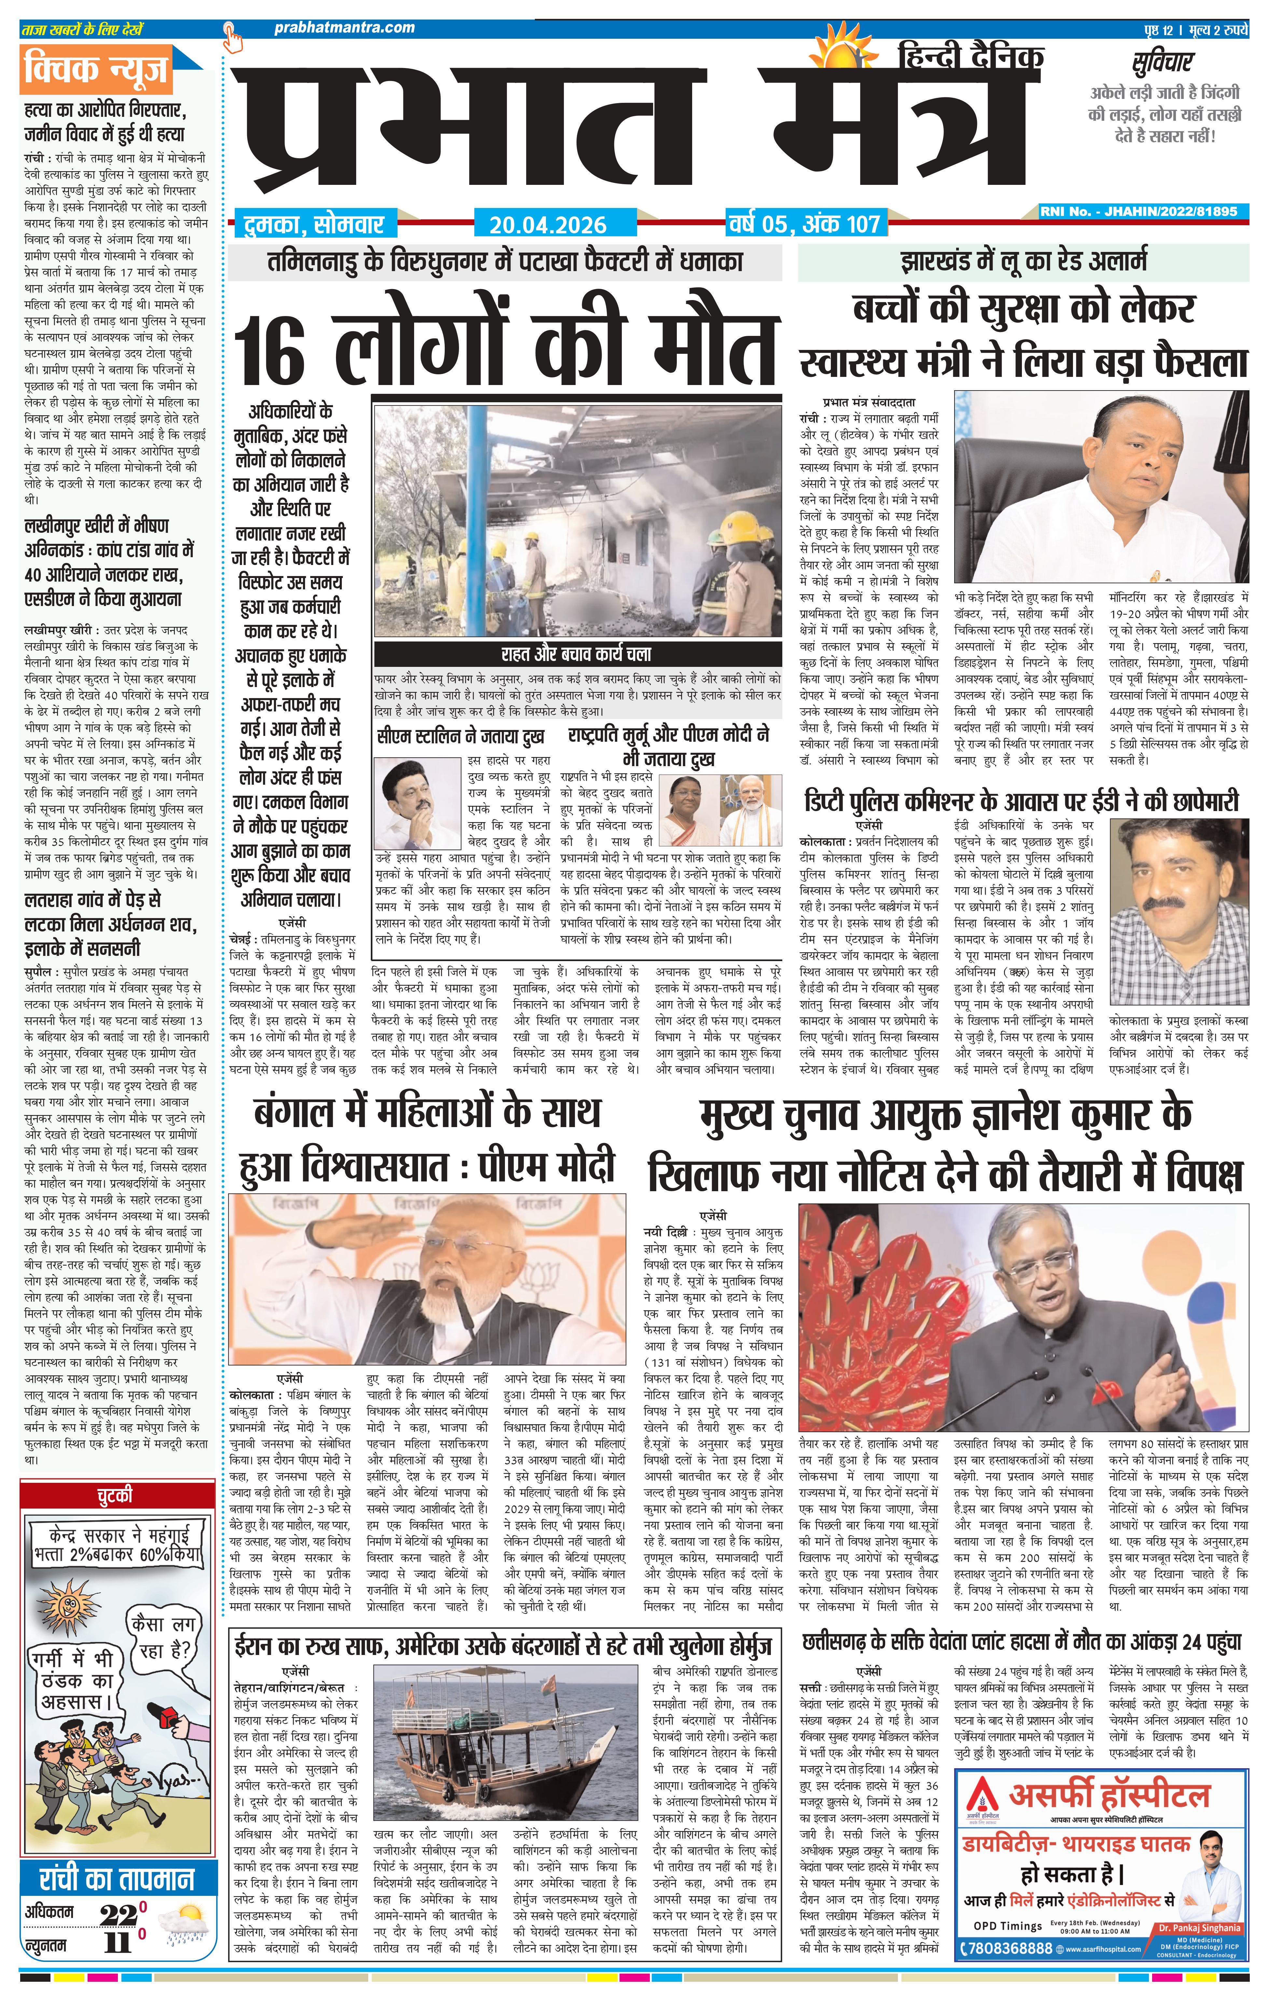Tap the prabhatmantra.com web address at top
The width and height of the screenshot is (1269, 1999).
344,27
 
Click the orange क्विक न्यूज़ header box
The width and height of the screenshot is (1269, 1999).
98,71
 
